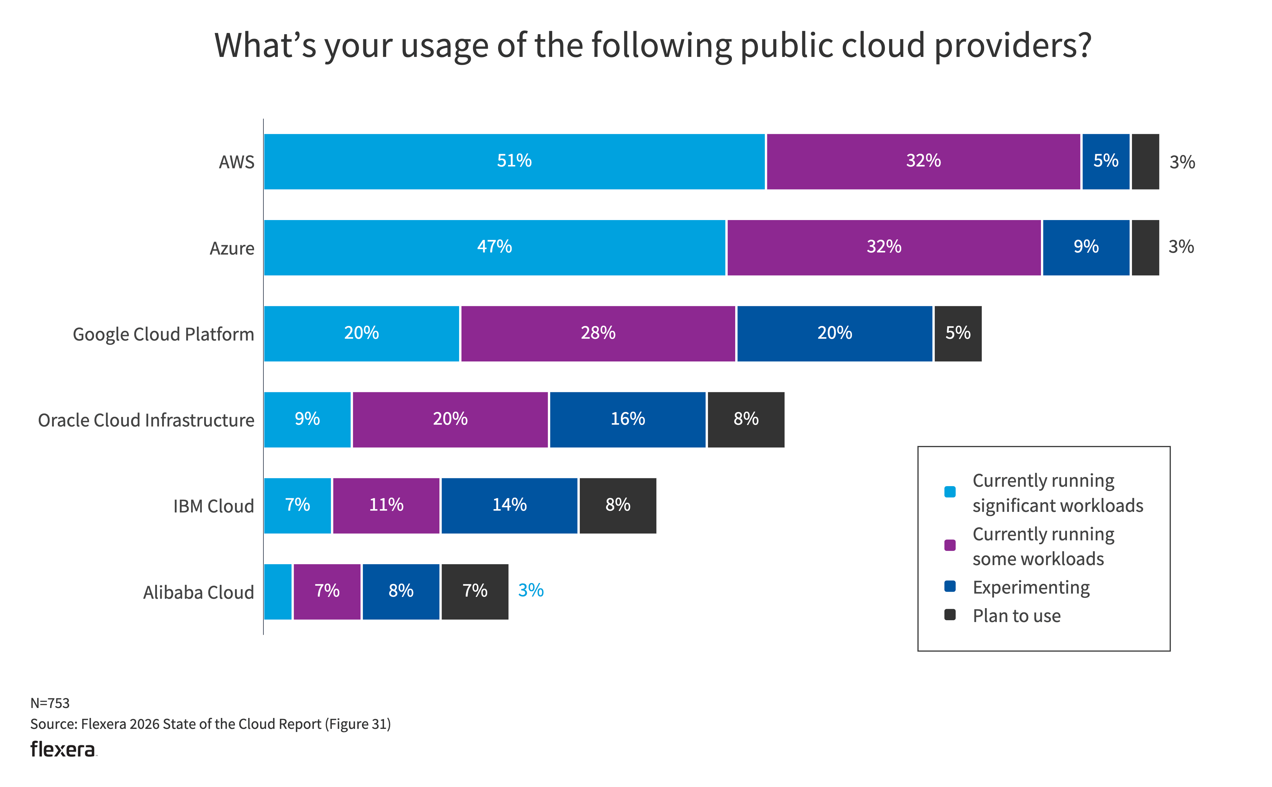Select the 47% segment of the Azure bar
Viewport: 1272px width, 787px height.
pyautogui.click(x=494, y=247)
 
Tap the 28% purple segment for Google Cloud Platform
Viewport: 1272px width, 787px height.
pyautogui.click(x=598, y=333)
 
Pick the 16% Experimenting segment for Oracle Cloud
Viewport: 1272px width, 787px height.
pyautogui.click(x=628, y=419)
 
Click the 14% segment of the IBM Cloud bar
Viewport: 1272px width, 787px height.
pyautogui.click(x=509, y=505)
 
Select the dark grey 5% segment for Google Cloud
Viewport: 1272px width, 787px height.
pyautogui.click(x=958, y=333)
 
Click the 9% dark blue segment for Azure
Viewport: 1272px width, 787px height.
pyautogui.click(x=1086, y=247)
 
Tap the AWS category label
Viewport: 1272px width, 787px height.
pyautogui.click(x=236, y=163)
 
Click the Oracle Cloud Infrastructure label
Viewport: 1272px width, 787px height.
pyautogui.click(x=146, y=420)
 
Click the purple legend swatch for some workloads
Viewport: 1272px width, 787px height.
pyautogui.click(x=950, y=545)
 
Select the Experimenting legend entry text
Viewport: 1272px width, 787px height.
pyautogui.click(x=1031, y=587)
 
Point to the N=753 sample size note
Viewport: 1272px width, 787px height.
pyautogui.click(x=50, y=703)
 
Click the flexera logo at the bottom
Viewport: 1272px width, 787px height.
pyautogui.click(x=63, y=749)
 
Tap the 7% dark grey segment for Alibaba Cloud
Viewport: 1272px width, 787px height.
pyautogui.click(x=475, y=591)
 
